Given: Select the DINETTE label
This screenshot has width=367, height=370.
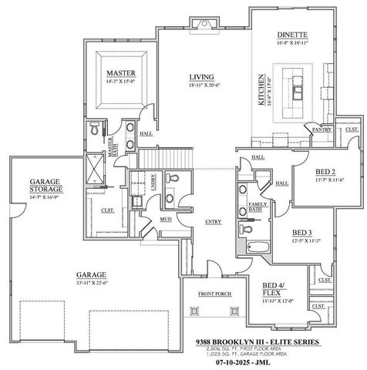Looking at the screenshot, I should coord(292,35).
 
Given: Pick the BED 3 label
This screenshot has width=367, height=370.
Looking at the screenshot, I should coord(301,232).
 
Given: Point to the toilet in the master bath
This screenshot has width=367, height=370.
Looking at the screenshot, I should coord(93,127).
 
